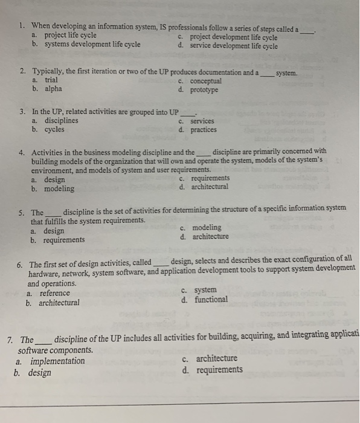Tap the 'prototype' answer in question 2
click(204, 90)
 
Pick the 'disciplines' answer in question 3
click(61, 121)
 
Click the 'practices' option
click(204, 130)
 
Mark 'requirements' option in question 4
click(210, 178)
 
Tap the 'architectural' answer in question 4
click(210, 187)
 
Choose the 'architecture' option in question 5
click(211, 236)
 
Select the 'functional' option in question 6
click(211, 299)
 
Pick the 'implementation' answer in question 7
click(58, 361)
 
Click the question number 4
click(22, 152)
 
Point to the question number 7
click(9, 340)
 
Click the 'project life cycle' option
click(71, 35)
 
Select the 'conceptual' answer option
click(206, 81)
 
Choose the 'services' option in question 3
click(202, 121)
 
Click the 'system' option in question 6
click(206, 290)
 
